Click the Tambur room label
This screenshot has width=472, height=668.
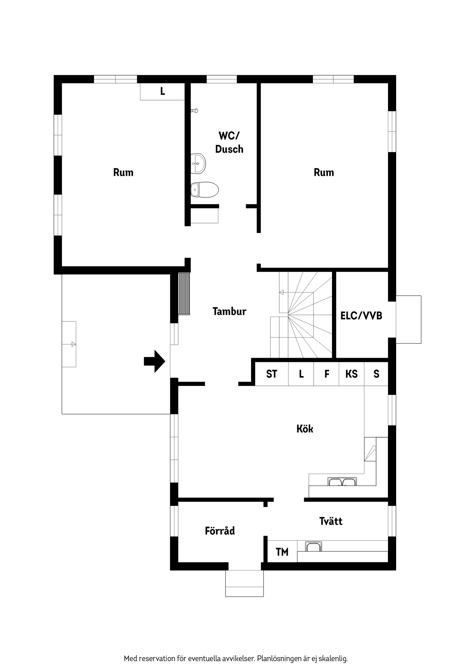[x=229, y=311]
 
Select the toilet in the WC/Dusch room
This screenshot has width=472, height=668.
[x=205, y=190]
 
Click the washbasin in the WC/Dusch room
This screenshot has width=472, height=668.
[x=198, y=164]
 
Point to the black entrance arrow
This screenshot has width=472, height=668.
[x=155, y=361]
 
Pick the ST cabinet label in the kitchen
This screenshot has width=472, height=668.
[x=272, y=374]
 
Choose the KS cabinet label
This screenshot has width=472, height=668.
[x=351, y=374]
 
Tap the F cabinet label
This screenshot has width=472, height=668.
[x=327, y=374]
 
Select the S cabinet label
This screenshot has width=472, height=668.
[x=376, y=374]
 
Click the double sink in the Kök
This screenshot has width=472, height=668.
[x=342, y=482]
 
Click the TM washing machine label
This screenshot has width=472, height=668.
[x=282, y=552]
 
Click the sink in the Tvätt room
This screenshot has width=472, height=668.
[x=313, y=547]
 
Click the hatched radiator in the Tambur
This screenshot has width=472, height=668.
[x=184, y=294]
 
